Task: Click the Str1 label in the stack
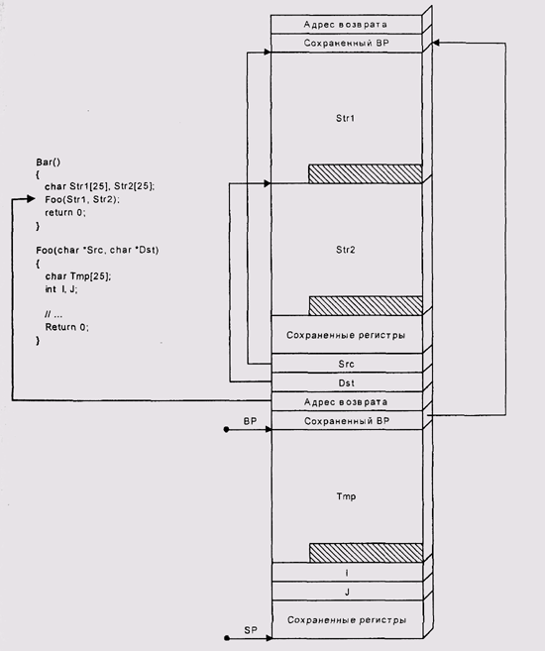tap(346, 118)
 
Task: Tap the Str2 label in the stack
tap(346, 250)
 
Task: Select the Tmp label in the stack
tap(346, 496)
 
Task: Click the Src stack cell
tap(347, 364)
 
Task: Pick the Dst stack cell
tap(347, 382)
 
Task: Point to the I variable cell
tap(347, 573)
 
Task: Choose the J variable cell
tap(347, 592)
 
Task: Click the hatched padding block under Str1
tap(366, 174)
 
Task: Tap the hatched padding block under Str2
tap(366, 305)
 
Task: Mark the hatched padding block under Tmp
tap(366, 553)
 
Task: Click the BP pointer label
tap(251, 421)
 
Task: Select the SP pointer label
tap(251, 630)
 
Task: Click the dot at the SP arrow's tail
tap(227, 638)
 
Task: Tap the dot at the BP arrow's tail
tap(226, 429)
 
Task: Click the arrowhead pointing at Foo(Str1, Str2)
tap(31, 199)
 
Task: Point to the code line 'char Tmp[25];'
tap(78, 276)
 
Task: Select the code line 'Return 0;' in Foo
tap(66, 327)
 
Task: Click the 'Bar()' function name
tap(49, 162)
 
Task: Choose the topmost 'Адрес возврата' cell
tap(346, 25)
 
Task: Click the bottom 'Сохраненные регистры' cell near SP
tap(347, 619)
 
